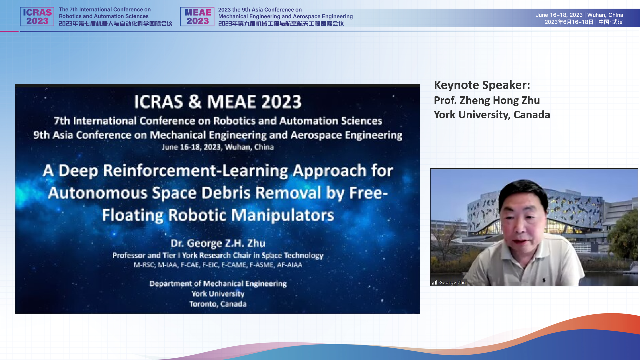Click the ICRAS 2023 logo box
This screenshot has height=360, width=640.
point(37,17)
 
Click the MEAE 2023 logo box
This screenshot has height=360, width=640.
point(197,17)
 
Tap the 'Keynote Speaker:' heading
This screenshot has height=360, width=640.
point(482,85)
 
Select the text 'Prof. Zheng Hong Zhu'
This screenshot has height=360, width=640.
point(487,100)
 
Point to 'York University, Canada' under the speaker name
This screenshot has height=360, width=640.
point(492,115)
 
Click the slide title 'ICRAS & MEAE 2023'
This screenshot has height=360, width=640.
point(218,102)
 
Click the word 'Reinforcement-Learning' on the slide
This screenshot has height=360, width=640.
point(196,171)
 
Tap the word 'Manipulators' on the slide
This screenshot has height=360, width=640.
point(282,215)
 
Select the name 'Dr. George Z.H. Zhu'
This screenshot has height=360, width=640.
point(218,243)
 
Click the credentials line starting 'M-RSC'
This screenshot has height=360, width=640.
point(218,265)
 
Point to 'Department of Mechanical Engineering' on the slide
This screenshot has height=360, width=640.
point(218,284)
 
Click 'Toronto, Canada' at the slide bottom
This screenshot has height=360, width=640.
point(218,304)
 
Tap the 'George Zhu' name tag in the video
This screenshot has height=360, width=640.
point(452,283)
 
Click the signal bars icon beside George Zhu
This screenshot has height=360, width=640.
point(434,282)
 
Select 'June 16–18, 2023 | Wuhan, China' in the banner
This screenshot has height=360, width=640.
point(579,15)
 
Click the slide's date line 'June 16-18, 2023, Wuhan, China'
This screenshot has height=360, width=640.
point(218,147)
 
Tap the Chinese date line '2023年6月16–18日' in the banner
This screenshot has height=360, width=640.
point(569,22)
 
